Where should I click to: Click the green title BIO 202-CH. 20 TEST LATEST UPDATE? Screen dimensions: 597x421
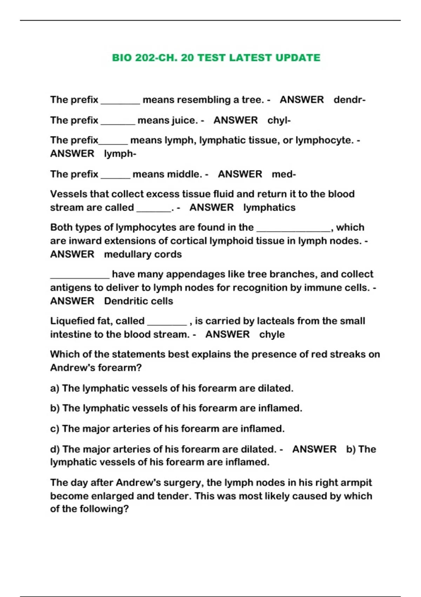tap(216, 58)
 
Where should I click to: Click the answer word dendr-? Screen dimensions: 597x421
tap(349, 100)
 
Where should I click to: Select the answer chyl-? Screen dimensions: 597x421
tap(279, 120)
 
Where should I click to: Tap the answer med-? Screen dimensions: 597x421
tap(284, 174)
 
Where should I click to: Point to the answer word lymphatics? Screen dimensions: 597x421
tap(269, 208)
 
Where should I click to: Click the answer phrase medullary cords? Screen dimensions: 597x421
tap(143, 254)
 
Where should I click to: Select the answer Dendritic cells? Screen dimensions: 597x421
tap(139, 301)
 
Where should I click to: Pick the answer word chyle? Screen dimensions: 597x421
tap(272, 334)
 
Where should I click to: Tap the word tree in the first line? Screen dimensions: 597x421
tap(252, 100)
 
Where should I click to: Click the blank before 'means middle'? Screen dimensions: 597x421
tap(115, 176)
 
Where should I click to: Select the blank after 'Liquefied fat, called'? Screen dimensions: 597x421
tap(167, 322)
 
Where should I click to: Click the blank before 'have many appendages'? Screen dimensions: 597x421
tap(80, 276)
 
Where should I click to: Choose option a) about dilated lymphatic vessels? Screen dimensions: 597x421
tap(172, 388)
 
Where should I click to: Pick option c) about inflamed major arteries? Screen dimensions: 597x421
tap(167, 429)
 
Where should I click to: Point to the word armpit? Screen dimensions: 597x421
tap(356, 483)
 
